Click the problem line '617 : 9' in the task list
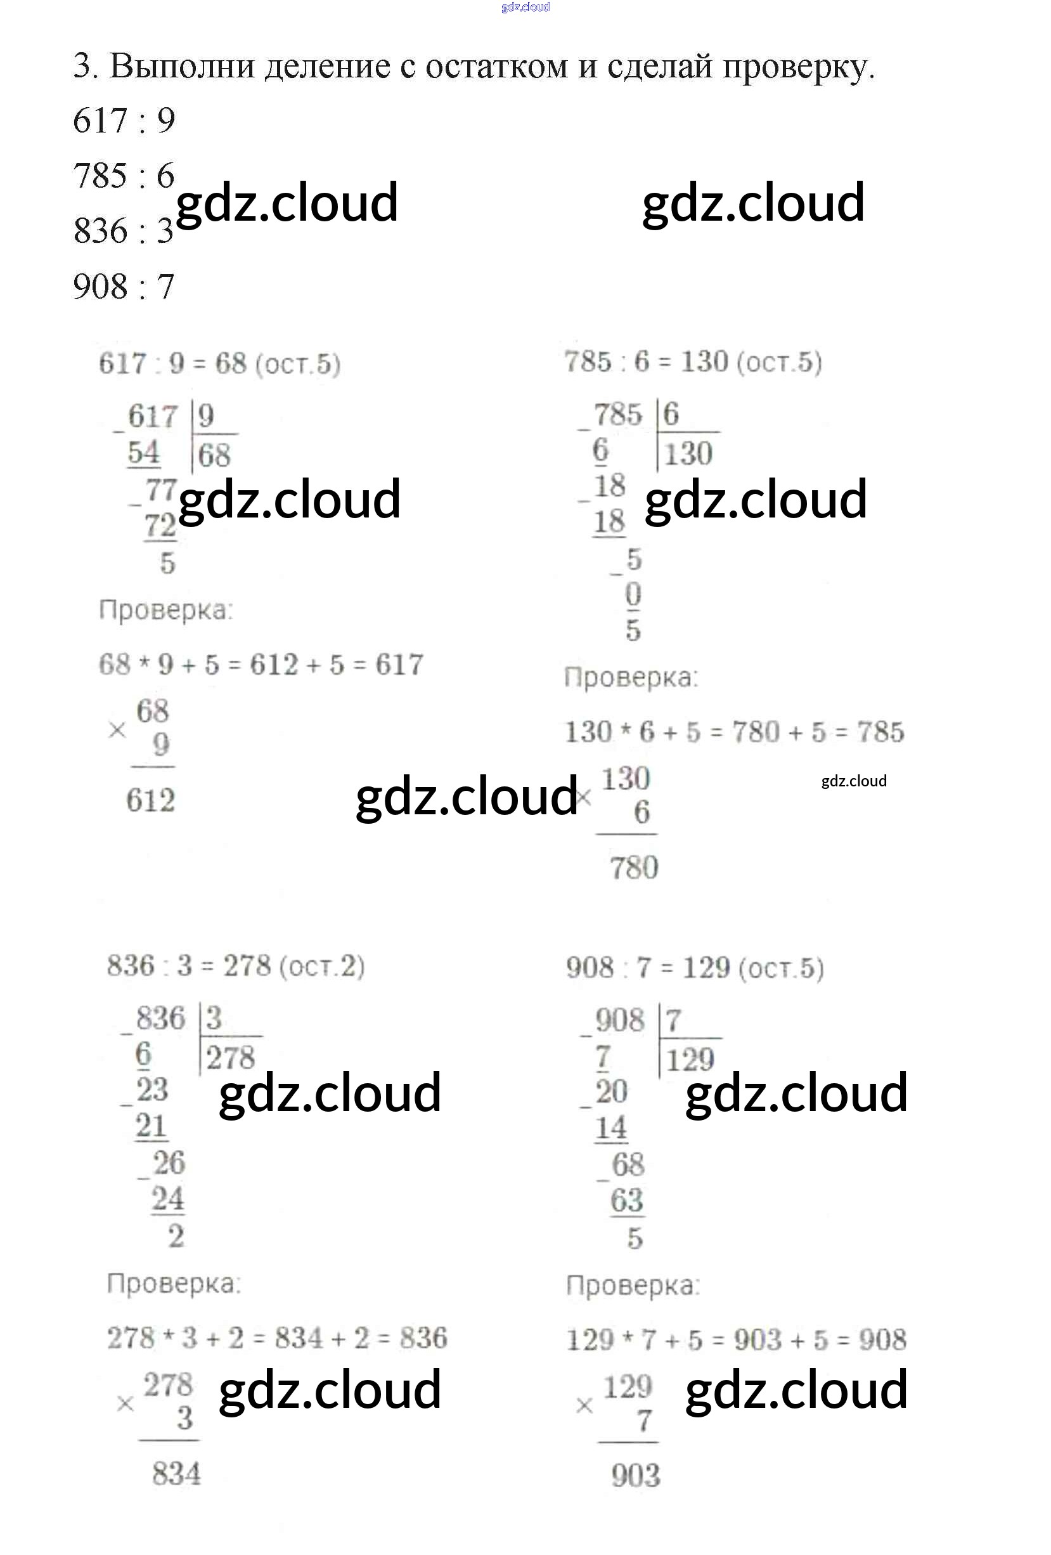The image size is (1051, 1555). point(124,121)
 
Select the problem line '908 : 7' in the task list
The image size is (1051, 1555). point(124,287)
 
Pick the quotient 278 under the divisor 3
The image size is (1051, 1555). point(230,1058)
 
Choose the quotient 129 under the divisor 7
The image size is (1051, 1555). point(690,1060)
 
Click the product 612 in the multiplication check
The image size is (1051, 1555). point(150,800)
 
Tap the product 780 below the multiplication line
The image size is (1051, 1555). point(634,868)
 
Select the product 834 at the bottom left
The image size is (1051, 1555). point(176,1474)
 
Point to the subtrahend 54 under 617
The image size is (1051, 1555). point(144,453)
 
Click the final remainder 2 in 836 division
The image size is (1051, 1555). point(176,1236)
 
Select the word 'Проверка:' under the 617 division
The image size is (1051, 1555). point(166,610)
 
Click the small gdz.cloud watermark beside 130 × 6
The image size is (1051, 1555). point(854,781)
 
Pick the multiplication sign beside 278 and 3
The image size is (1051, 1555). point(125,1405)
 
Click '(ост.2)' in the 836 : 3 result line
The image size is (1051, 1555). point(322,967)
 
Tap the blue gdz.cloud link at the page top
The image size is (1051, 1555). point(525,8)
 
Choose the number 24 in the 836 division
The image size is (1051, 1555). point(167,1199)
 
